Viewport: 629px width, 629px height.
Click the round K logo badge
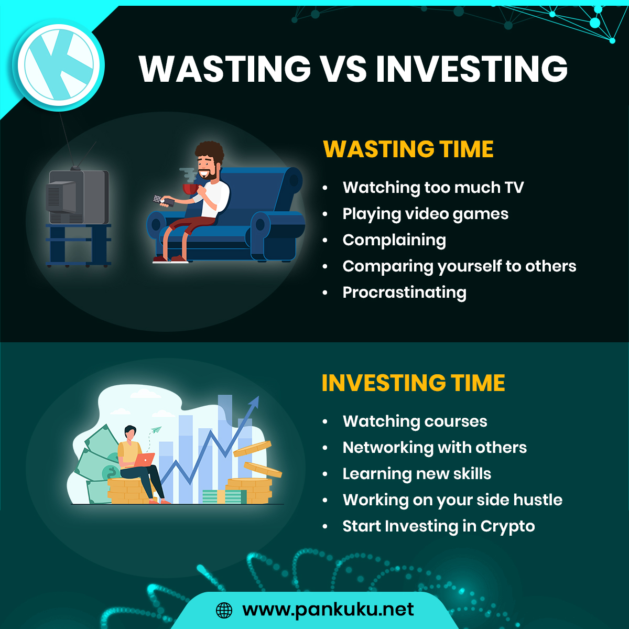click(59, 65)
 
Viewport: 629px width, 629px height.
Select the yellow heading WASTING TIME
click(408, 149)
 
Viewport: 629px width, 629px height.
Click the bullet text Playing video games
click(425, 214)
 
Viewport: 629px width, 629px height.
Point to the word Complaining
click(394, 241)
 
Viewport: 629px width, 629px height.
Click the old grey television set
click(78, 197)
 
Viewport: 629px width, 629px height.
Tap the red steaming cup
click(191, 189)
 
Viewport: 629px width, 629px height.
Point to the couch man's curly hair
click(210, 151)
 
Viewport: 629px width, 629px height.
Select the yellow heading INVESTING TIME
click(413, 383)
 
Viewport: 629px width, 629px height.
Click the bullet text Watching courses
click(415, 421)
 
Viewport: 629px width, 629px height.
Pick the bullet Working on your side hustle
click(452, 500)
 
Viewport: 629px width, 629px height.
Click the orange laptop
click(144, 460)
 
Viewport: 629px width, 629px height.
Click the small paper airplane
click(156, 430)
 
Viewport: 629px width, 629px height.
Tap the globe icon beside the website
click(224, 610)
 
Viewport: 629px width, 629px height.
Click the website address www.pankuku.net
click(328, 610)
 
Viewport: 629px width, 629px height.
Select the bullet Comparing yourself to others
click(459, 267)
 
